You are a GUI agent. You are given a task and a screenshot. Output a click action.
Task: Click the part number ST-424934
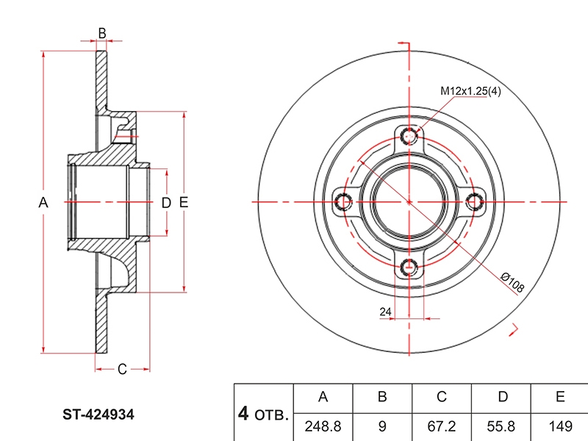tap(98, 415)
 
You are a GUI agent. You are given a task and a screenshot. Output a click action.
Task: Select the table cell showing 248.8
tap(323, 427)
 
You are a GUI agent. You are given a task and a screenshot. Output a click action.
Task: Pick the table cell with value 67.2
tap(442, 427)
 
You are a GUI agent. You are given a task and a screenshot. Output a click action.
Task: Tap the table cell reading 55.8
tap(501, 427)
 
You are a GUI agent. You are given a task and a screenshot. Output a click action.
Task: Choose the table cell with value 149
tap(560, 427)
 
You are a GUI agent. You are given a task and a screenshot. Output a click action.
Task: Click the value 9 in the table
tap(382, 427)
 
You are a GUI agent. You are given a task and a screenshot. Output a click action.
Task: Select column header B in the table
tap(382, 398)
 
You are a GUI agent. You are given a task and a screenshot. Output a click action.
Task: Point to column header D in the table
tap(501, 398)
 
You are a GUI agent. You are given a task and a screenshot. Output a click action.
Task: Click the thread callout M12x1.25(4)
tap(470, 90)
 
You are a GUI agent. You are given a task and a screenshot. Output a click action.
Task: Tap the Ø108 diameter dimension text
tap(512, 282)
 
